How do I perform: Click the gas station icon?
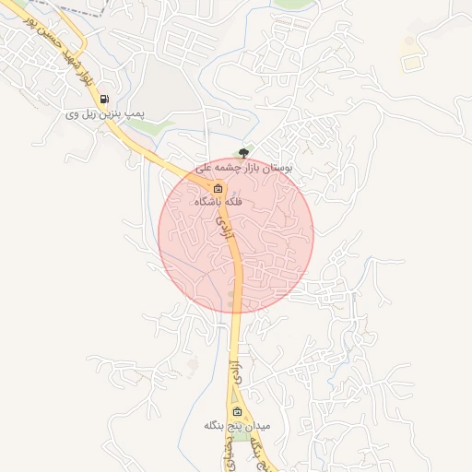coord(106,99)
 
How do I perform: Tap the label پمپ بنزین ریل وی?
coord(105,115)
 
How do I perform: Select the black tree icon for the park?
coord(243,153)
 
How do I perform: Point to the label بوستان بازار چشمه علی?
coord(243,170)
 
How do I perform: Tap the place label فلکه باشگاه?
coord(218,201)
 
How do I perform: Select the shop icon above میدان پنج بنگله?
coord(237,411)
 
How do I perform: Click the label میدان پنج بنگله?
coord(237,427)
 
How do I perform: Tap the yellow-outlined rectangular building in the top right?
coord(408,62)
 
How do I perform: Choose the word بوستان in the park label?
coord(277,170)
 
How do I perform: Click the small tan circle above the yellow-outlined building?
coord(407,41)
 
